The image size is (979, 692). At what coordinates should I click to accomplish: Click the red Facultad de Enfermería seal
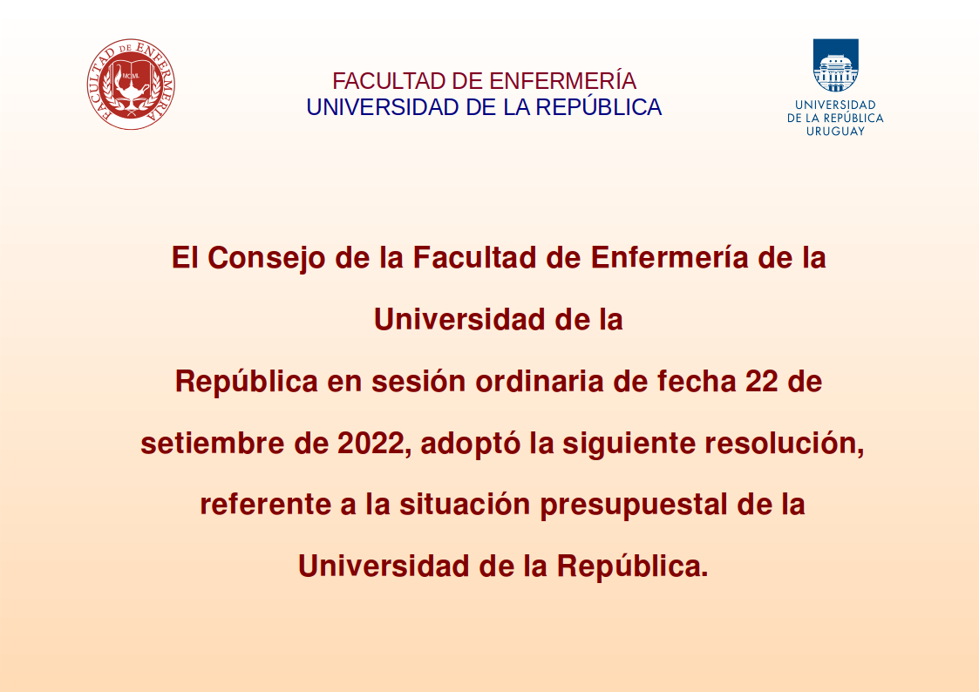(x=131, y=85)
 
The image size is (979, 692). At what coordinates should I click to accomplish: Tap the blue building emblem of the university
(x=835, y=65)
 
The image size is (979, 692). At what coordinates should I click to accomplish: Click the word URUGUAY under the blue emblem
(x=835, y=131)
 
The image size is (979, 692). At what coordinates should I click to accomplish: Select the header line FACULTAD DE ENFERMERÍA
(x=484, y=81)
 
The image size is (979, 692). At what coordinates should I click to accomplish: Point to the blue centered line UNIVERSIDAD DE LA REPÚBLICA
(x=484, y=107)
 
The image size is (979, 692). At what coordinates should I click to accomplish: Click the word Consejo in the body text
(x=267, y=258)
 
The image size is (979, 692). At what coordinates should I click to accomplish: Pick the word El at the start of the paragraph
(x=185, y=258)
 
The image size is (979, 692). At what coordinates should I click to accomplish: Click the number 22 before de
(x=762, y=382)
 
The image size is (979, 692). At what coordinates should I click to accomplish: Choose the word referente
(x=265, y=505)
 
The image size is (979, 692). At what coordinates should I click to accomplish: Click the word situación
(x=465, y=505)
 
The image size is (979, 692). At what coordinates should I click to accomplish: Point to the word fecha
(x=697, y=382)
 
